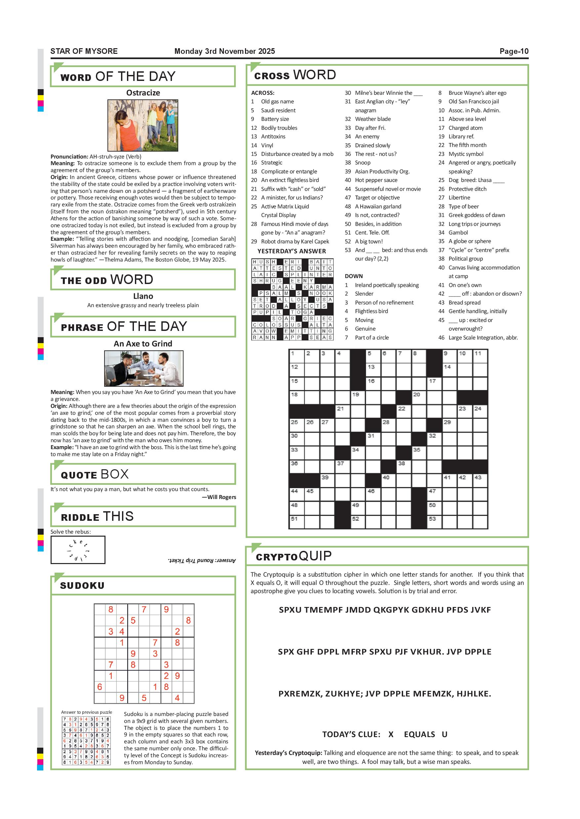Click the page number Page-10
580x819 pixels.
514,51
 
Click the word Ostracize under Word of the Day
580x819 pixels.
143,93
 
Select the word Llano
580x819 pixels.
143,296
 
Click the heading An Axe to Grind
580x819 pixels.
143,343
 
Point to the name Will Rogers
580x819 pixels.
222,497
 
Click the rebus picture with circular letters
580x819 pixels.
78,550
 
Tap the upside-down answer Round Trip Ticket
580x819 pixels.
202,560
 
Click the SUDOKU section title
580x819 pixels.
82,586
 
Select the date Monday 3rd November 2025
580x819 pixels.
224,51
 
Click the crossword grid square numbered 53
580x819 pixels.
435,521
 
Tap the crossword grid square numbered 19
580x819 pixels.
358,397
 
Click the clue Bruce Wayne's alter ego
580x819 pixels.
477,93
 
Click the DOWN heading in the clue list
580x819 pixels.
353,276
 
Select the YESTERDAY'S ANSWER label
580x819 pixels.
291,251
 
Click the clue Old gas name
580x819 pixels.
277,102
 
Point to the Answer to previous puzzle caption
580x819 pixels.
86,712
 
